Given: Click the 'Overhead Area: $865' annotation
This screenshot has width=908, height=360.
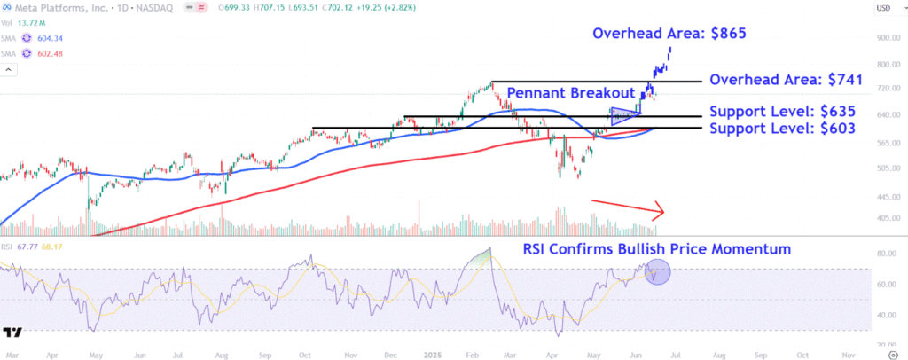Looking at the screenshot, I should point(669,34).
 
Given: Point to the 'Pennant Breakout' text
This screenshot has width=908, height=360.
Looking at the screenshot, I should point(570,93).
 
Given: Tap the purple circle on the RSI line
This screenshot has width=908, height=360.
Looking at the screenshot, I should point(658,271).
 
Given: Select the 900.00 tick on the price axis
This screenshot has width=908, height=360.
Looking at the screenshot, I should point(884,38).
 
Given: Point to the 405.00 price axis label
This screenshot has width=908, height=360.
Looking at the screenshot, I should point(884,218).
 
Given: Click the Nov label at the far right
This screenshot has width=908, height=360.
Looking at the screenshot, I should point(849,353).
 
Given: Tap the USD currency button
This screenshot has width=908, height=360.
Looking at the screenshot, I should point(884,8).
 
